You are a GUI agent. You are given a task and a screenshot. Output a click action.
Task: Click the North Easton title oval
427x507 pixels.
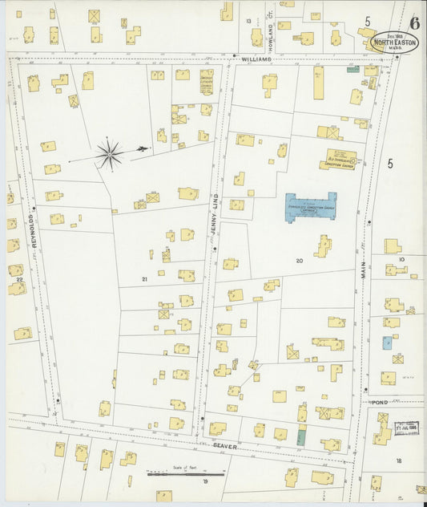[394, 42]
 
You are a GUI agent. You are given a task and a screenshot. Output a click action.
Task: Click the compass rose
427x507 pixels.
[110, 152]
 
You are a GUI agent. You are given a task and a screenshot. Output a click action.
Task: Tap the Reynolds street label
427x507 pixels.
[34, 233]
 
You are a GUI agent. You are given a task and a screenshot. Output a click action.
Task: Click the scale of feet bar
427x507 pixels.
[186, 474]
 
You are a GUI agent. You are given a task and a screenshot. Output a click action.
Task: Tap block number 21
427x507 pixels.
[144, 279]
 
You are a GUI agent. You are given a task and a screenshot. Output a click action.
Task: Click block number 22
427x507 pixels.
[19, 279]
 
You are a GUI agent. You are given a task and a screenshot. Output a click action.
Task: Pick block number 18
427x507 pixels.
[398, 460]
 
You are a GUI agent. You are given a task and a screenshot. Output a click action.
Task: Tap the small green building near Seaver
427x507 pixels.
[301, 438]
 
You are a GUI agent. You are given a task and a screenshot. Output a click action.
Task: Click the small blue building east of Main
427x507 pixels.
[387, 343]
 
